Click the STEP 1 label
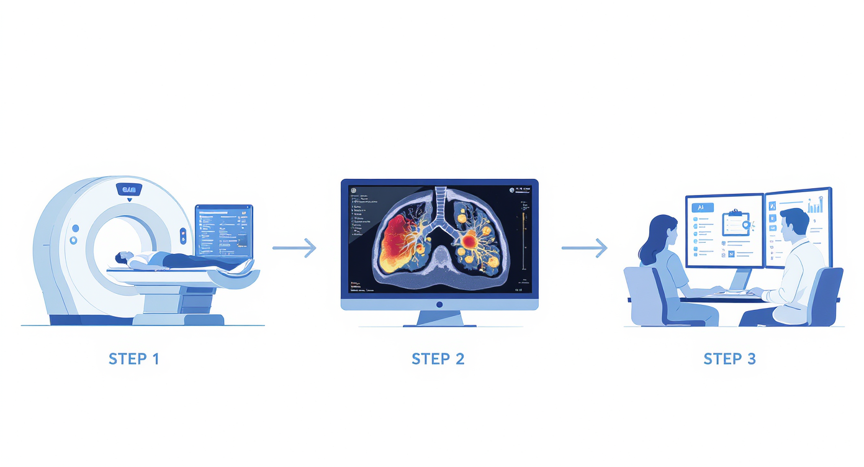pos(134,359)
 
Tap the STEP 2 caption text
pos(438,359)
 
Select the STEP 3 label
pos(729,359)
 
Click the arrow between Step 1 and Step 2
pos(294,248)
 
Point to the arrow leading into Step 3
pos(584,248)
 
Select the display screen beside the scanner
pos(224,230)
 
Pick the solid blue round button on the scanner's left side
pos(75,240)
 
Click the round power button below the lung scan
pos(439,304)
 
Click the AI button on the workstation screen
pos(701,209)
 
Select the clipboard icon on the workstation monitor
pos(736,222)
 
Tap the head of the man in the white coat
pos(794,225)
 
